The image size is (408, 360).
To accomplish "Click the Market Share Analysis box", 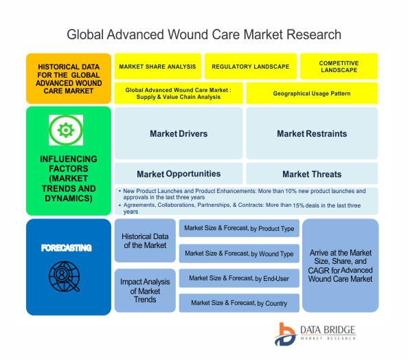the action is coord(158,67).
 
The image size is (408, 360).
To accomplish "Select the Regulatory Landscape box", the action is coord(251,67).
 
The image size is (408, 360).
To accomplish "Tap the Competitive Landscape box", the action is coord(339,67).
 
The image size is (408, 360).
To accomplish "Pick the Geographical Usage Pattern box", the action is coord(312,93).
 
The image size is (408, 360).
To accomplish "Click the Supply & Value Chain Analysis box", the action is coord(179,93).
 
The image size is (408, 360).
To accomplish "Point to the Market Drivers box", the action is coord(179,133).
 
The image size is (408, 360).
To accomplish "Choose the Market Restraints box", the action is coord(312,133).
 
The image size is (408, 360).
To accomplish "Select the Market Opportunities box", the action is coord(179,174).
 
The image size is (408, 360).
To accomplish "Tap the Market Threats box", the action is coord(312,174).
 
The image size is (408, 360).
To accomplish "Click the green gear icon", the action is coord(66,130).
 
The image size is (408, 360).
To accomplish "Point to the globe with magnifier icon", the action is coord(65,276).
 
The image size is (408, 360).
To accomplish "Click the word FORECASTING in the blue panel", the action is coord(67,248).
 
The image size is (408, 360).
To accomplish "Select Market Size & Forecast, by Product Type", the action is coord(239,228).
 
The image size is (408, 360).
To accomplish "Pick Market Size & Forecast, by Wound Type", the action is coord(239,254).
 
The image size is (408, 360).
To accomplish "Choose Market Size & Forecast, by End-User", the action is coord(239,278).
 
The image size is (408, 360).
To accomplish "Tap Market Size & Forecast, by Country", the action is coord(239,303).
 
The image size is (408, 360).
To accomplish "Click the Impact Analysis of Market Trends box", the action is coord(145,291).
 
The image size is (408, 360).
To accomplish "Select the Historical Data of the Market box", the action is coord(145,240).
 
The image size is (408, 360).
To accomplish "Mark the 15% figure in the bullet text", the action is coord(299,205).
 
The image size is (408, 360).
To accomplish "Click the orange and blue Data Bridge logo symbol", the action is coord(285,334).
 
